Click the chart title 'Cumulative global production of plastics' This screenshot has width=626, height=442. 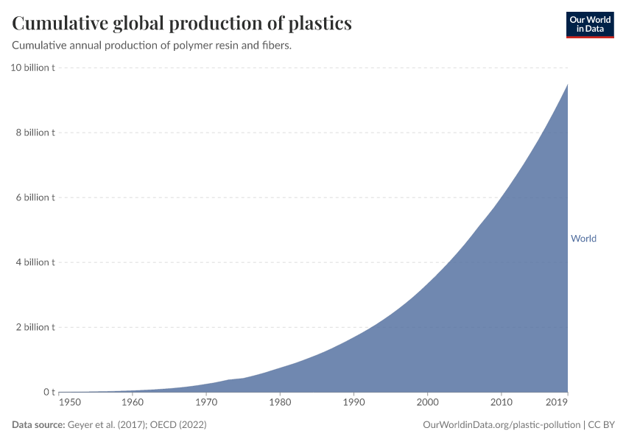182,24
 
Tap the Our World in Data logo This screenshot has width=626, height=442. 589,24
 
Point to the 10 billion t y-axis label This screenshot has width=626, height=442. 32,68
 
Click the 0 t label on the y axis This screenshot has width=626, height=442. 48,392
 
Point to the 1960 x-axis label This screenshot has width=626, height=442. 133,402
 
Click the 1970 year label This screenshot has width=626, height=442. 206,402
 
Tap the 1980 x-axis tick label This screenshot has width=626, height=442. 280,402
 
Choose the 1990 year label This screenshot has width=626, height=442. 354,402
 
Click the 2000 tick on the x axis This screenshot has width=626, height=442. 428,402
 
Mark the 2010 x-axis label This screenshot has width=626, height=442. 502,402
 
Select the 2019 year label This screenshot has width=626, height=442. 558,402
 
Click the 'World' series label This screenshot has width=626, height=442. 583,239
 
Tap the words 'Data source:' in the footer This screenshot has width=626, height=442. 38,425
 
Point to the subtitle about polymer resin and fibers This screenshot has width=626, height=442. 152,46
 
